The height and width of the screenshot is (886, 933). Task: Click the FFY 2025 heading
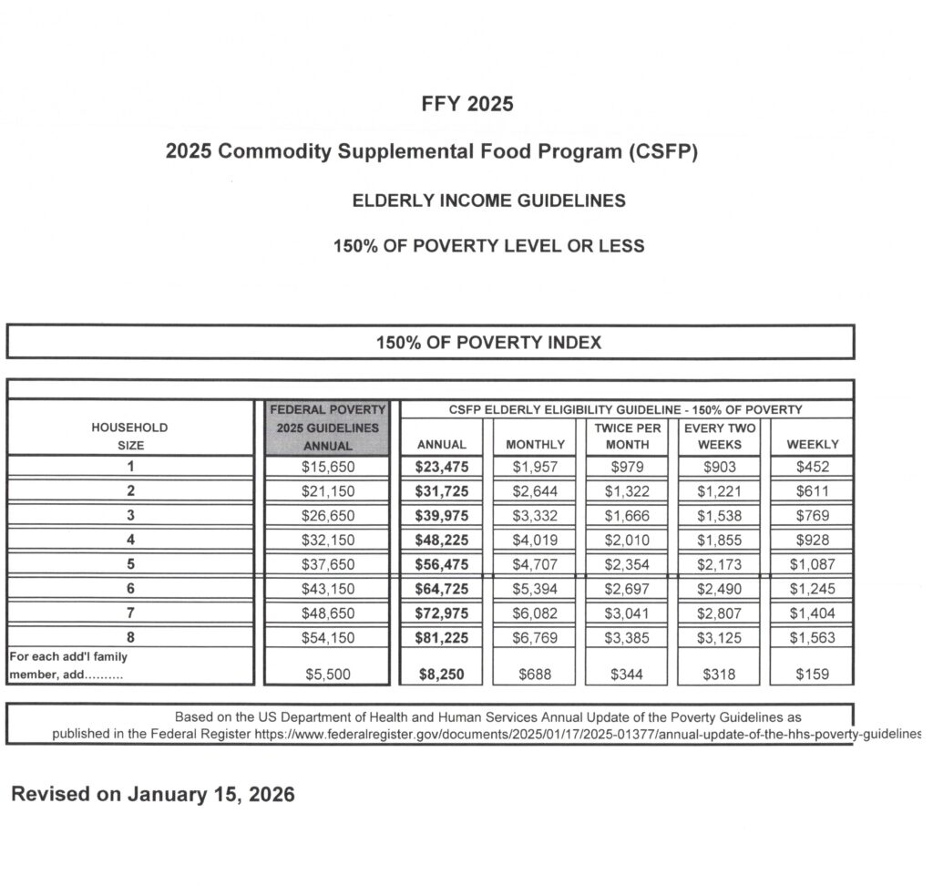pos(467,104)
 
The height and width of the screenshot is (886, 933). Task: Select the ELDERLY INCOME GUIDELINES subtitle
pos(489,201)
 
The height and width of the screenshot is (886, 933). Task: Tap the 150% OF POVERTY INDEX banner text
pos(489,343)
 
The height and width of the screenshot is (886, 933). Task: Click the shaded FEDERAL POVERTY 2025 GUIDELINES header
pos(327,428)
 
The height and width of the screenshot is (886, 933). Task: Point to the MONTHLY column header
pos(534,445)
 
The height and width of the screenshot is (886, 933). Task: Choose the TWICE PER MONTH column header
pos(628,436)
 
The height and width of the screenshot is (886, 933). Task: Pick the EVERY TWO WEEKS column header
pos(719,436)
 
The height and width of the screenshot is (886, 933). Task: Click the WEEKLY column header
pos(812,445)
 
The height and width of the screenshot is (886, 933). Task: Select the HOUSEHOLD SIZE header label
pos(130,436)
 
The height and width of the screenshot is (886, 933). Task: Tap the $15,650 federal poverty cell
pos(327,468)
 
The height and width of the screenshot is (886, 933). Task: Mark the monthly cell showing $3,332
pos(534,516)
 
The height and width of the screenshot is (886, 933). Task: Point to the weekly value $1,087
pos(812,564)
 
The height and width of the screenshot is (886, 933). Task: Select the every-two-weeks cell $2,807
pos(719,613)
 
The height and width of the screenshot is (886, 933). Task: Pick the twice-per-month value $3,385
pos(628,638)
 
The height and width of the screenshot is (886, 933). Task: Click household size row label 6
pos(130,589)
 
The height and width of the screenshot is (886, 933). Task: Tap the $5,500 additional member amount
pos(327,675)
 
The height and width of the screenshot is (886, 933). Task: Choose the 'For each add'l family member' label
pos(68,665)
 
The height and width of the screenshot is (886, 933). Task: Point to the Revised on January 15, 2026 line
pos(153,794)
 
